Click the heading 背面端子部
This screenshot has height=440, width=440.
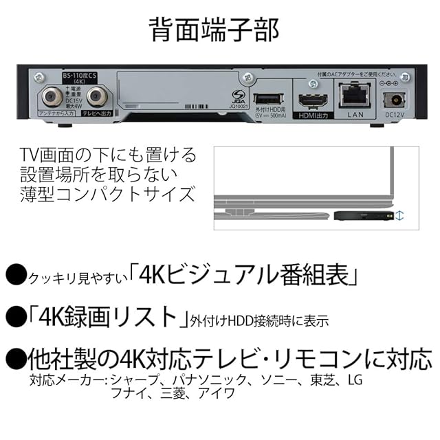click(x=219, y=30)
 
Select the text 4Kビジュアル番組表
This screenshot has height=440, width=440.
click(x=247, y=277)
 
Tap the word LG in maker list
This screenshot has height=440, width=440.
click(x=355, y=379)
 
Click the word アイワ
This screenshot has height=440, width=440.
click(x=219, y=395)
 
